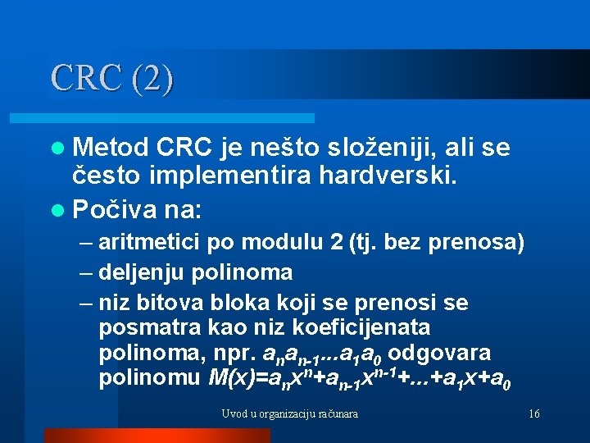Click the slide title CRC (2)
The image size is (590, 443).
pyautogui.click(x=111, y=79)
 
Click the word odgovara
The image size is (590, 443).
pyautogui.click(x=441, y=354)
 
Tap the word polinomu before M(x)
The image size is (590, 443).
pyautogui.click(x=150, y=378)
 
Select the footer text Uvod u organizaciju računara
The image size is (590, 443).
pyautogui.click(x=289, y=414)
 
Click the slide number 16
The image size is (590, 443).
pyautogui.click(x=533, y=414)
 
